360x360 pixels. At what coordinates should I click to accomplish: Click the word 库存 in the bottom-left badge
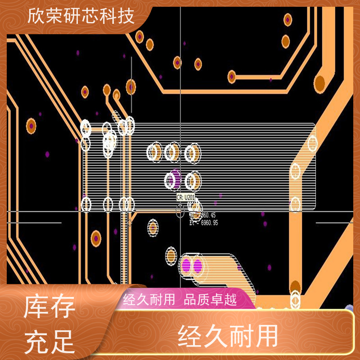(x=49, y=310)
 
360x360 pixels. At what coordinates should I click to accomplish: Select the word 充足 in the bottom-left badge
(x=49, y=341)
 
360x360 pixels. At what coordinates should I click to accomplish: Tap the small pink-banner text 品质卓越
(x=211, y=300)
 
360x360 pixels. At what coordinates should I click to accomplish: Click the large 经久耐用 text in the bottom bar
(x=228, y=337)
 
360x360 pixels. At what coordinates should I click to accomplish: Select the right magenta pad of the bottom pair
(x=198, y=265)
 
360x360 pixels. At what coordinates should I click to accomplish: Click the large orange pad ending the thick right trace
(x=319, y=83)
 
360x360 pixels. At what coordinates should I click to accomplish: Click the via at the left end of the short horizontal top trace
(x=232, y=76)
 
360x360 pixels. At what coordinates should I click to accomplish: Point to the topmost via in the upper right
(x=288, y=19)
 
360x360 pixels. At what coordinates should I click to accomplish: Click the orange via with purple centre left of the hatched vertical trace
(x=96, y=238)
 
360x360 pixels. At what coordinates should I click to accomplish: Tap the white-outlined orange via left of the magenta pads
(x=171, y=256)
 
